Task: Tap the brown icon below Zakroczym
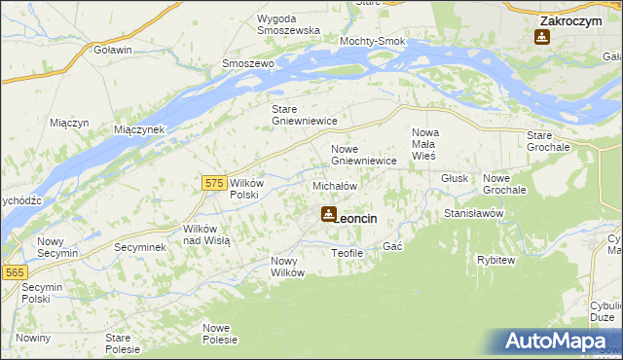(542, 38)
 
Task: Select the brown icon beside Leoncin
(329, 215)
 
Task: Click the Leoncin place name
(357, 219)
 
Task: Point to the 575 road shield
(216, 182)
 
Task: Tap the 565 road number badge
(14, 273)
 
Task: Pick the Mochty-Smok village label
(372, 42)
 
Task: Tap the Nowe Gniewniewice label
(363, 155)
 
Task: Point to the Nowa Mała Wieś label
(425, 143)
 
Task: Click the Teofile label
(347, 253)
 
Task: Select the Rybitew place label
(495, 260)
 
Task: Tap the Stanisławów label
(472, 212)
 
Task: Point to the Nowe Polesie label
(220, 334)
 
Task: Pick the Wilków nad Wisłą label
(206, 234)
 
